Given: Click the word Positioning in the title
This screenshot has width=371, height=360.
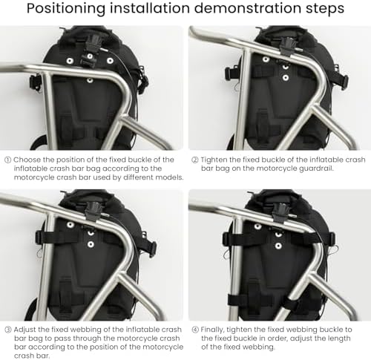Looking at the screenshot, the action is point(66,8).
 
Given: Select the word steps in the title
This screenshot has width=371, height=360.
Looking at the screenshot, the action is point(325,9).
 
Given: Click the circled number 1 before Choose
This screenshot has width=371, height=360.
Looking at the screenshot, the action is point(7,160).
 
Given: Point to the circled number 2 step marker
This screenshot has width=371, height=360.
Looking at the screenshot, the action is point(195,160).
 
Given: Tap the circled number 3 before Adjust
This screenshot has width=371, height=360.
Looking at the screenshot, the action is point(8,330).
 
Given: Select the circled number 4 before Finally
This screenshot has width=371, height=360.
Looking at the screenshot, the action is point(195,330).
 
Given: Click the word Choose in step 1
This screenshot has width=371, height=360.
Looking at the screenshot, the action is point(27,160).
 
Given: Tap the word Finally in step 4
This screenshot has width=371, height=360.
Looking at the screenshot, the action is point(212,330).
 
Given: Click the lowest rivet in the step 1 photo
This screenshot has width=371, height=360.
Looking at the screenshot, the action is point(90,80).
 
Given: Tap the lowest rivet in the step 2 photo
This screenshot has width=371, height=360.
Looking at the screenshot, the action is point(286,78).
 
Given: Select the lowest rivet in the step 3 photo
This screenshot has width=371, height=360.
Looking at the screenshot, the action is point(91,244).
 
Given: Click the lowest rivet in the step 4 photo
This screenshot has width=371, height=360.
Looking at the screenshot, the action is point(278,246).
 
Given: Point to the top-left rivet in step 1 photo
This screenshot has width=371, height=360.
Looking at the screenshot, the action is point(70,61).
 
